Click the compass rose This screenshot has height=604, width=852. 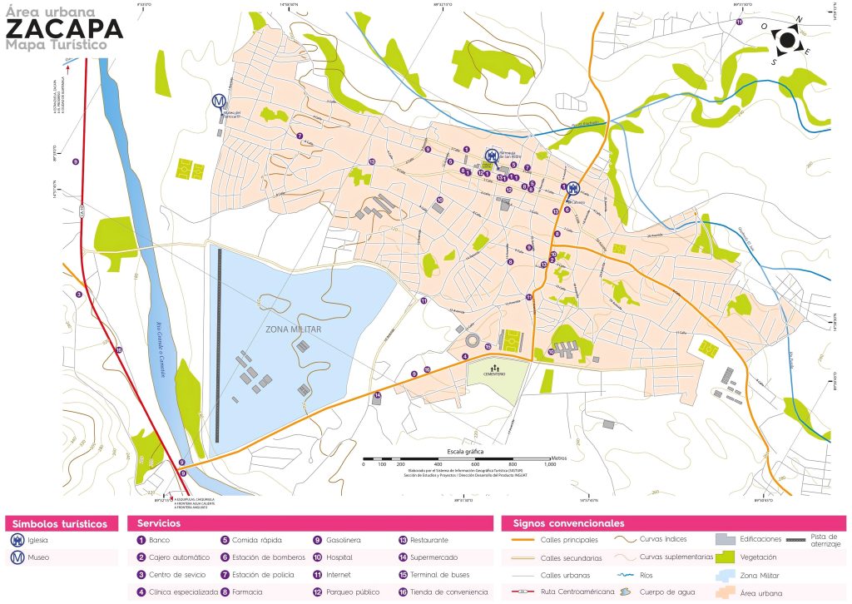pos(786,39)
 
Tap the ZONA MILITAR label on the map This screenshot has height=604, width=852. pos(293,329)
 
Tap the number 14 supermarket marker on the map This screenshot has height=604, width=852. pos(377,395)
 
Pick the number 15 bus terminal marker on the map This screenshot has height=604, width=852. pos(488,346)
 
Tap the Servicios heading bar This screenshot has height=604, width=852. pos(309,523)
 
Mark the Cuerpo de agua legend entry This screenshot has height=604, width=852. pos(666,592)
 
